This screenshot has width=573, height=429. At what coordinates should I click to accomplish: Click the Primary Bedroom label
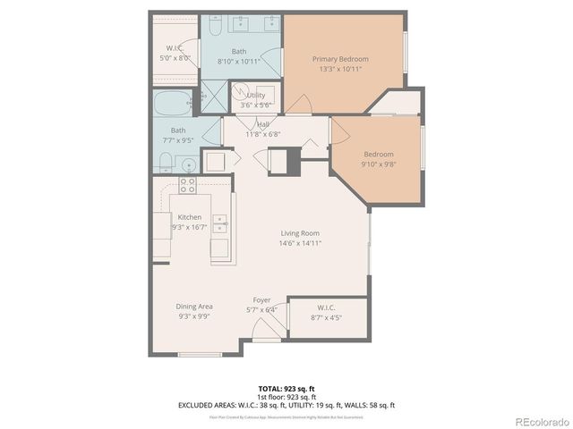(x=340, y=59)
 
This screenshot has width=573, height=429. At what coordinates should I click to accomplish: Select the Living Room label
(x=299, y=233)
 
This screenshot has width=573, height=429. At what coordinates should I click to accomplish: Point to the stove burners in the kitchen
(x=187, y=185)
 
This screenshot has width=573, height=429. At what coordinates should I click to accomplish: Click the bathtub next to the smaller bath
(x=172, y=103)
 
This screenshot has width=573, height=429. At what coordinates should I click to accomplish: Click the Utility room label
(x=256, y=95)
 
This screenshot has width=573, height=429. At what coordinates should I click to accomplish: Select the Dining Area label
(x=193, y=306)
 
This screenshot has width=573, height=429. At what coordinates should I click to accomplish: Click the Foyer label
(x=261, y=300)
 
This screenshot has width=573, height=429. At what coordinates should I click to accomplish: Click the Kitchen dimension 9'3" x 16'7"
(x=189, y=227)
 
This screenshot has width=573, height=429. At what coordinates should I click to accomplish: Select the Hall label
(x=264, y=125)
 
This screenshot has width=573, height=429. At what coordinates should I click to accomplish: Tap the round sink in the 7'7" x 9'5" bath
(x=188, y=164)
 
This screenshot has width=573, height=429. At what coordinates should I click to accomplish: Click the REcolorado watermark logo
(x=540, y=420)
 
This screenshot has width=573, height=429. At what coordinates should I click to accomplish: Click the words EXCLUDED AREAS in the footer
(x=209, y=404)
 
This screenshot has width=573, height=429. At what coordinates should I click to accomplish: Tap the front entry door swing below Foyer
(x=265, y=332)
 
